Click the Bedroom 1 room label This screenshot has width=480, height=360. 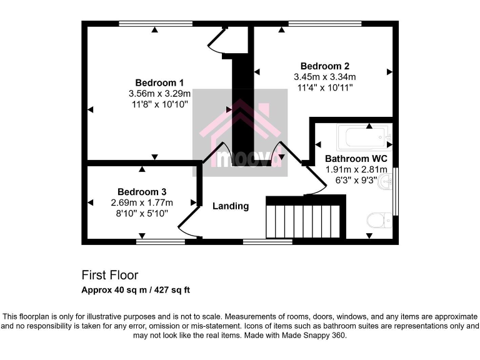[159, 82]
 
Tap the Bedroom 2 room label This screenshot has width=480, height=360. [324, 66]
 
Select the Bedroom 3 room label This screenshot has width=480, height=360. [142, 192]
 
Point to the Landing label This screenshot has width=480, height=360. [230, 206]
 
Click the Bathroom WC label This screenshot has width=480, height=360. [356, 159]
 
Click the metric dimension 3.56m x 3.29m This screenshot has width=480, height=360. [159, 94]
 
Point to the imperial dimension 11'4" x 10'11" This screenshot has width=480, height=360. [324, 87]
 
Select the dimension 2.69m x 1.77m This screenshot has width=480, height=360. [142, 202]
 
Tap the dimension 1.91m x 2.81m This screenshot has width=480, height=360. [356, 169]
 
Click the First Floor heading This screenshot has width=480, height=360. [110, 275]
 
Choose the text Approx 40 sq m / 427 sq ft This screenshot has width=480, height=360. [136, 290]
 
